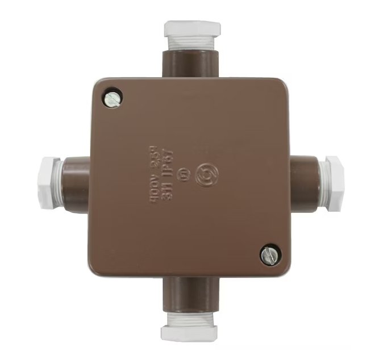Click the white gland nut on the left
point(48,183)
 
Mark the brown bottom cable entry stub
point(190,294)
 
